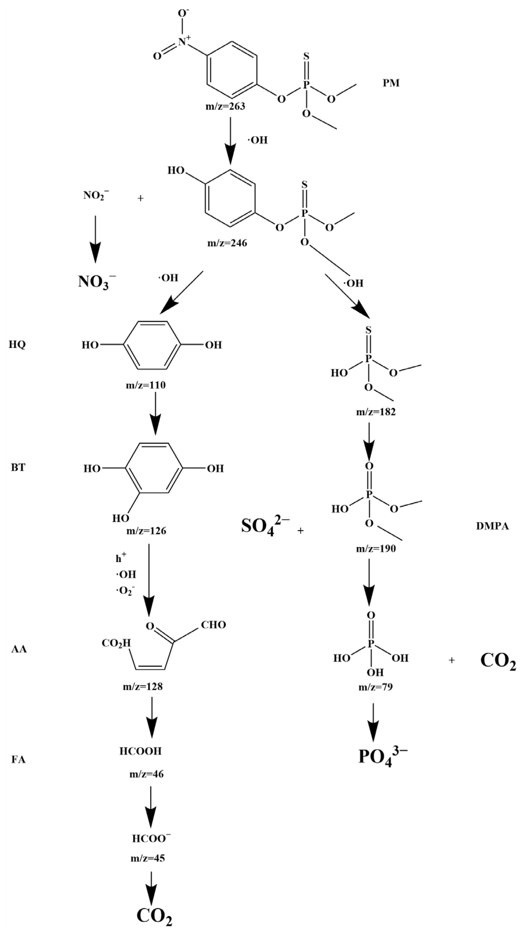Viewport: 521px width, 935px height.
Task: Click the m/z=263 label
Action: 225,106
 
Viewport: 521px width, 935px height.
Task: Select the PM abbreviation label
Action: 391,83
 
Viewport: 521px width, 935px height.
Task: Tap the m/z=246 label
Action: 227,243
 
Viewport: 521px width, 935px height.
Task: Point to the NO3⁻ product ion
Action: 97,282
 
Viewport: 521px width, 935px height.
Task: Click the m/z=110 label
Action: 146,385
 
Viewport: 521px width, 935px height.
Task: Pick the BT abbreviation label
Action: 18,468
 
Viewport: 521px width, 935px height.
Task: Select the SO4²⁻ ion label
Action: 265,526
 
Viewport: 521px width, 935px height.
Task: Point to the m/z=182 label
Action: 376,412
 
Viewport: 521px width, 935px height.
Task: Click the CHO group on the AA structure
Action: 213,625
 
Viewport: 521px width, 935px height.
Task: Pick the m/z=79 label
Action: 375,687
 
